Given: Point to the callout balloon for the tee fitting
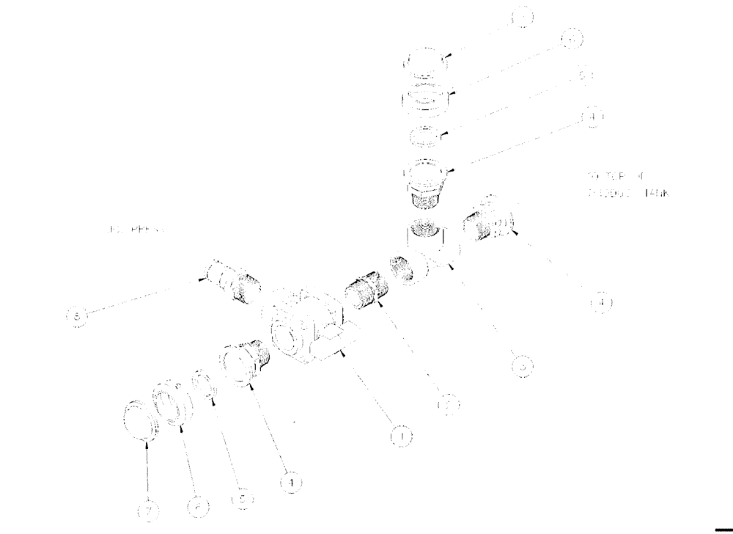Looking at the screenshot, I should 521,365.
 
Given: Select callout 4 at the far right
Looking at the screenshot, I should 600,301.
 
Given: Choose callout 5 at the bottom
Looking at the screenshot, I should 243,500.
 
